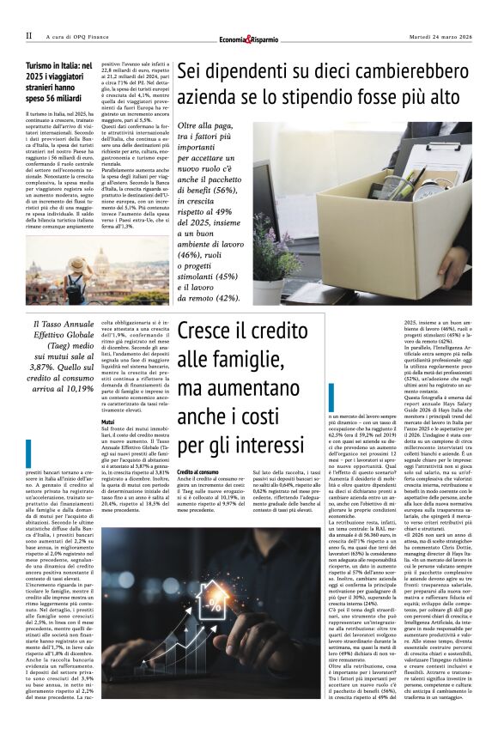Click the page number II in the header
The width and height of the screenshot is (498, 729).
click(x=28, y=36)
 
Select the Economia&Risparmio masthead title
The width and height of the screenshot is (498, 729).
click(x=249, y=38)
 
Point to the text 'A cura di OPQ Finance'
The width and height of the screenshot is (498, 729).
click(x=80, y=36)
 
